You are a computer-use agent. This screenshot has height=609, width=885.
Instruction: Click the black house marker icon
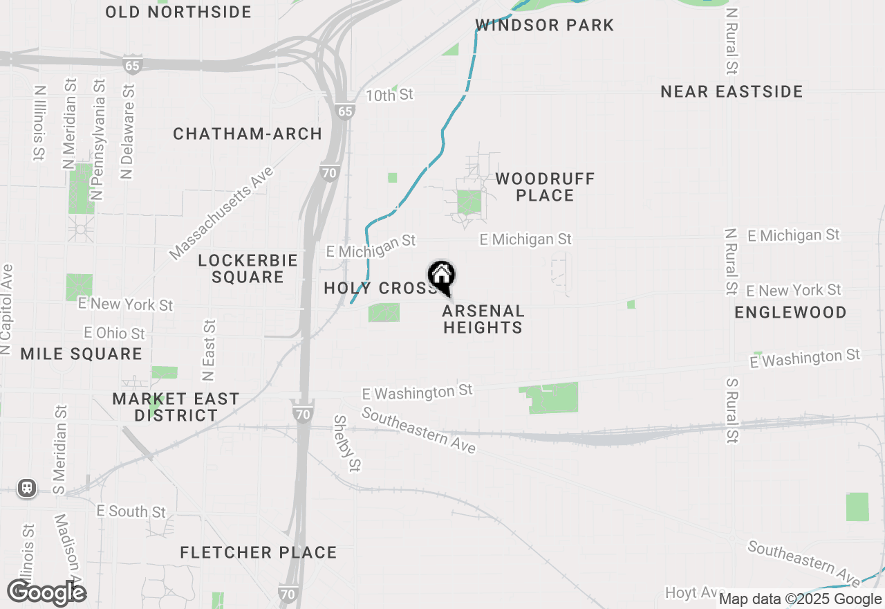coord(441,277)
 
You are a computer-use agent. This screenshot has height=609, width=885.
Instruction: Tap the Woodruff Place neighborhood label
coord(545,187)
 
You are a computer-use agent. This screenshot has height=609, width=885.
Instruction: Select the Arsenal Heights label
coord(483,319)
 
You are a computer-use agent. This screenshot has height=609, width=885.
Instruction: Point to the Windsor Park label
coord(545,26)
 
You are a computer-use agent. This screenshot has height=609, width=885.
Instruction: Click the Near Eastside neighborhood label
coord(732,91)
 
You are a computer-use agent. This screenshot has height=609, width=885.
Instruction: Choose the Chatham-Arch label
coord(248,134)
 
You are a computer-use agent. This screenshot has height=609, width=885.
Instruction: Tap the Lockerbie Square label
coord(248,269)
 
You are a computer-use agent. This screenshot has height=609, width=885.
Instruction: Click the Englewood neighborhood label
coord(790,312)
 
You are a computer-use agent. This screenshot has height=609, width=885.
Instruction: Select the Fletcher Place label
coord(259,552)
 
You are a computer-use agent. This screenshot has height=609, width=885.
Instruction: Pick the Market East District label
coord(176,407)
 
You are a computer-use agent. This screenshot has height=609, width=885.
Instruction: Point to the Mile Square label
coord(81,354)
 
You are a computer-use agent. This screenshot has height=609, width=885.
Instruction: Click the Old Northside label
coord(178,12)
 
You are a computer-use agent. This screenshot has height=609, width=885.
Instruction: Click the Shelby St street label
coord(347,443)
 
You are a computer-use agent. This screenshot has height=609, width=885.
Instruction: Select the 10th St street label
coord(389,95)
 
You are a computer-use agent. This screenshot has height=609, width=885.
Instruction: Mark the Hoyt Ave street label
coord(691,593)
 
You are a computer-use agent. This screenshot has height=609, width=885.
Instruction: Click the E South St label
coord(131,511)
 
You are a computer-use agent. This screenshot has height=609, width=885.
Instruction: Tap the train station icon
coord(27,488)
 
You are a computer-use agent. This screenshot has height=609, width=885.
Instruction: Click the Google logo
coord(46,592)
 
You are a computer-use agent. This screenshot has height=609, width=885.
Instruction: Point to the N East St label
coord(209,350)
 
